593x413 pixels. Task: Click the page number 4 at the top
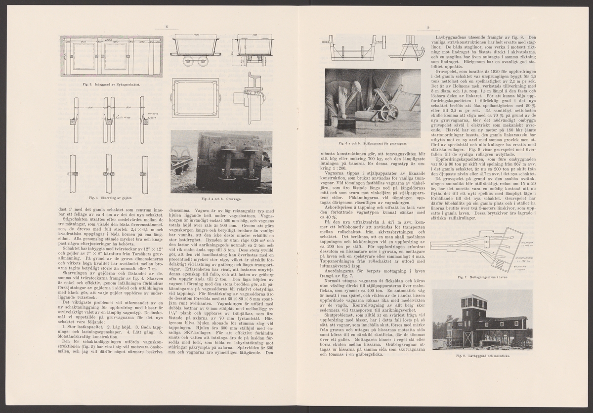click(167, 27)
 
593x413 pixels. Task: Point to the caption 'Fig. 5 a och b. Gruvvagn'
click(221, 198)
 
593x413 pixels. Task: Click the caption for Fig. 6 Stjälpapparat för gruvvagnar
click(372, 143)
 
